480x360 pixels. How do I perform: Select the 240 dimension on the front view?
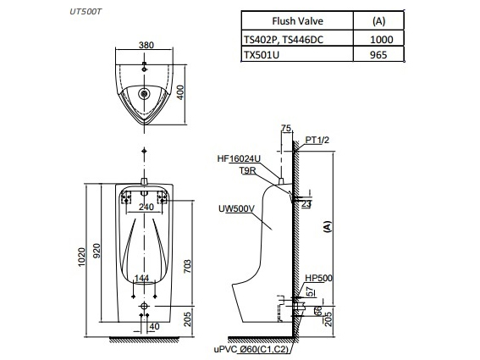tap(146, 206)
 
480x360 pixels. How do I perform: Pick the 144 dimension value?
tap(143, 279)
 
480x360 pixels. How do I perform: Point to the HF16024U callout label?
tap(238, 158)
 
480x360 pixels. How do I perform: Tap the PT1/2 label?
tap(317, 140)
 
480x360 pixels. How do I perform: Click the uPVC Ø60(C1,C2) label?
tap(251, 349)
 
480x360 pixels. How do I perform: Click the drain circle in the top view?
tap(145, 94)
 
